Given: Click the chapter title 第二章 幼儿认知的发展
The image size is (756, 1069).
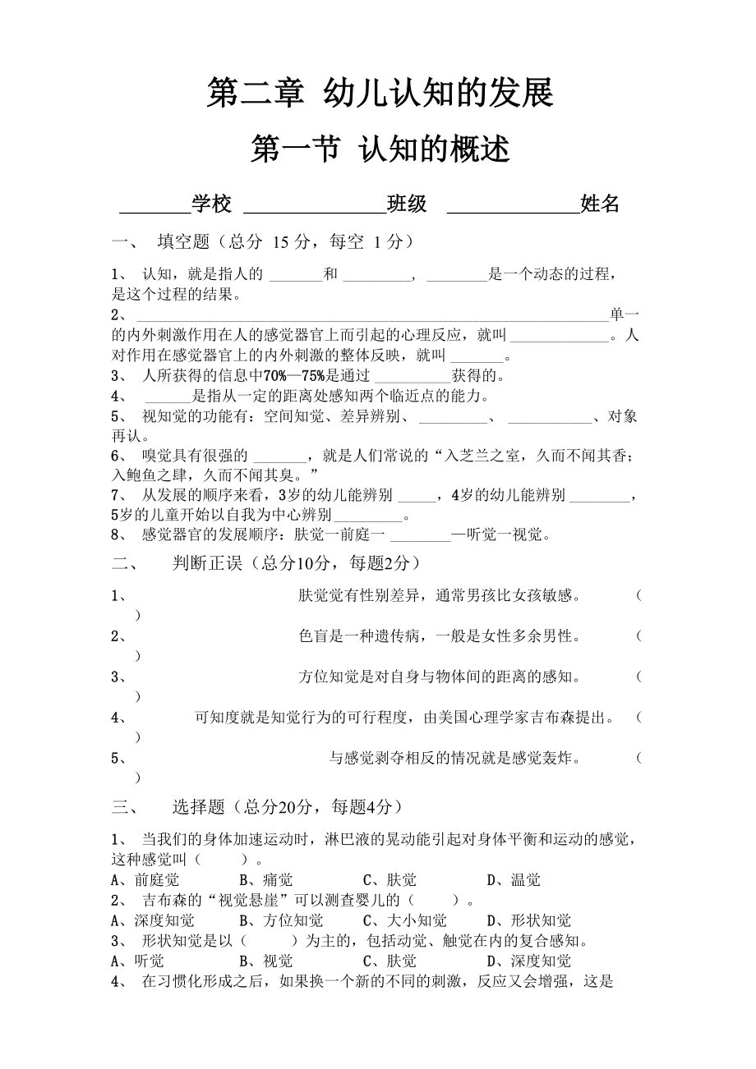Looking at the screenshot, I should (380, 93).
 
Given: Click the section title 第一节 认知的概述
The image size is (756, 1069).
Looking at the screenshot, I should (380, 149).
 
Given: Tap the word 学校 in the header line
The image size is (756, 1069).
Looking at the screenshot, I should (211, 204).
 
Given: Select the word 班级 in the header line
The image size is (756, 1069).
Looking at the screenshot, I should (407, 204).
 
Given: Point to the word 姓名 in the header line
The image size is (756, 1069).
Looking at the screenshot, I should (600, 204).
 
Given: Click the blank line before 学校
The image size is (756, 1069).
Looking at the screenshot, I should (155, 209).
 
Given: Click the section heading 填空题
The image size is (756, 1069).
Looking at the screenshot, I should (184, 241).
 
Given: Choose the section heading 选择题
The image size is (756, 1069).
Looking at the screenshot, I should (198, 807).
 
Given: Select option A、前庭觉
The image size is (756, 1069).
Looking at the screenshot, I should (145, 880).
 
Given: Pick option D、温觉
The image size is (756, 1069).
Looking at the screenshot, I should (514, 880).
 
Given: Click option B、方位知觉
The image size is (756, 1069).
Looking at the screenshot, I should (281, 920).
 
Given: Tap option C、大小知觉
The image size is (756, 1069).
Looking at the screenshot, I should (405, 920).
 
